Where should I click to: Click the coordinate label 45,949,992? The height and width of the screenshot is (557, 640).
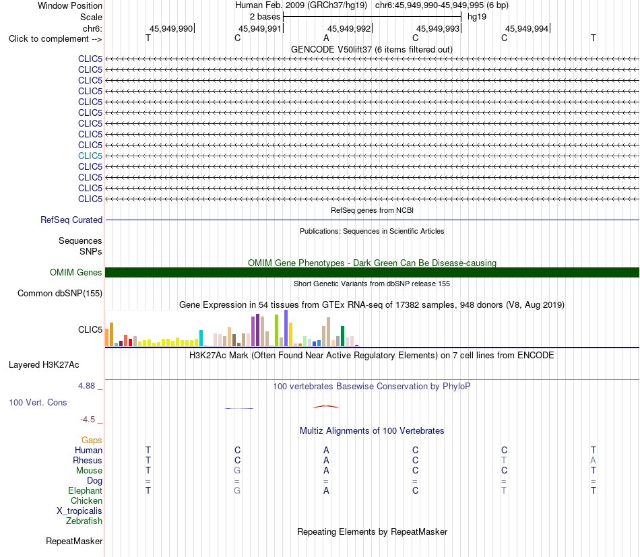349,28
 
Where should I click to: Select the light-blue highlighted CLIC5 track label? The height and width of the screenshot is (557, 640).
90,156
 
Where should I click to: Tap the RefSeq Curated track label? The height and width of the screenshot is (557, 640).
71,220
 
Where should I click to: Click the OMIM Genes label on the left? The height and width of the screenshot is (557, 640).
76,273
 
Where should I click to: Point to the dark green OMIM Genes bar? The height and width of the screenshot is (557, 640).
373,273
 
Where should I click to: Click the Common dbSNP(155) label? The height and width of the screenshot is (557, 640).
60,294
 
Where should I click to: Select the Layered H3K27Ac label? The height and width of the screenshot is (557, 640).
44,365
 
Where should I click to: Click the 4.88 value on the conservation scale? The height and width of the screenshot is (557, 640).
86,386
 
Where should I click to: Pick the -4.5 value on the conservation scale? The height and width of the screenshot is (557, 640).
88,420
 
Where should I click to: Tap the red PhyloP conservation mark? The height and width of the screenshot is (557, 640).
325,406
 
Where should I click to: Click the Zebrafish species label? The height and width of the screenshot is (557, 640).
84,521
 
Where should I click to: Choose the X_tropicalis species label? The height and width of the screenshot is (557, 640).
79,511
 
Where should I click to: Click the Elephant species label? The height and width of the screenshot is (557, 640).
86,490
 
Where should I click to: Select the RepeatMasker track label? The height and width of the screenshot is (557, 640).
74,541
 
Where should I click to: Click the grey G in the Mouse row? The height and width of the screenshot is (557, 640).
237,471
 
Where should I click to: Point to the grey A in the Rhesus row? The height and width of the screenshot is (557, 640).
593,460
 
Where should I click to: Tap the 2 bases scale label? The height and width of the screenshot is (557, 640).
265,17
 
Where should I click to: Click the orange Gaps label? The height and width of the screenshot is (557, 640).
92,440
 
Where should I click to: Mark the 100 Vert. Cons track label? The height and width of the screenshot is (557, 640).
38,402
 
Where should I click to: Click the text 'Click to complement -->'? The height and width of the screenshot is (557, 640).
55,39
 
